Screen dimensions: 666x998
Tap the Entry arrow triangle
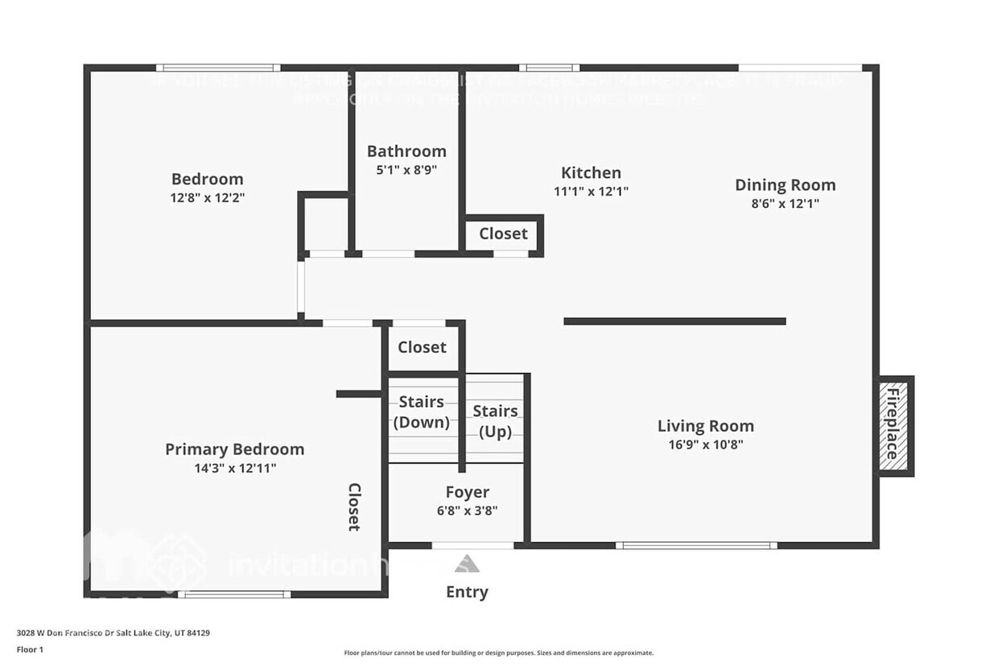[x=467, y=564]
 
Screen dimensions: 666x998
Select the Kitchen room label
[x=591, y=172]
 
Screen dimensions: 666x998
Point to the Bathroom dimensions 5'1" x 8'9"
[x=406, y=170]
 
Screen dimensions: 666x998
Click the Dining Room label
[x=785, y=184]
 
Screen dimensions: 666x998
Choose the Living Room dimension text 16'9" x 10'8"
[x=705, y=445]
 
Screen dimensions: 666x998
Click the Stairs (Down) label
[x=422, y=412]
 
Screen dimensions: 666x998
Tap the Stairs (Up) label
[x=495, y=421]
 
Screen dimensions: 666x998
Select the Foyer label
[x=467, y=492]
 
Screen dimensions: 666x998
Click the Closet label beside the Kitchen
[x=503, y=234]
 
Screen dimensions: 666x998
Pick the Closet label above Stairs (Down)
[x=422, y=347]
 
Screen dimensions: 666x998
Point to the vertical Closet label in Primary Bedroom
[x=354, y=507]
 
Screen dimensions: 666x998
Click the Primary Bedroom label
[x=234, y=449]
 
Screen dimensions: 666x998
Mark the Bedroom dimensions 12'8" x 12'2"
[x=207, y=197]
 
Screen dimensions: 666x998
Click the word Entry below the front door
[x=467, y=592]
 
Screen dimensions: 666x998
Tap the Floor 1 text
[x=30, y=649]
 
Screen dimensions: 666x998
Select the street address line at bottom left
[x=113, y=633]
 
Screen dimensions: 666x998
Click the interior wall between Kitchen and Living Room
[x=674, y=321]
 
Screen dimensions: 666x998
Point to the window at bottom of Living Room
[x=696, y=545]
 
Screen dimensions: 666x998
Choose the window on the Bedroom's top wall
[x=218, y=68]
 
